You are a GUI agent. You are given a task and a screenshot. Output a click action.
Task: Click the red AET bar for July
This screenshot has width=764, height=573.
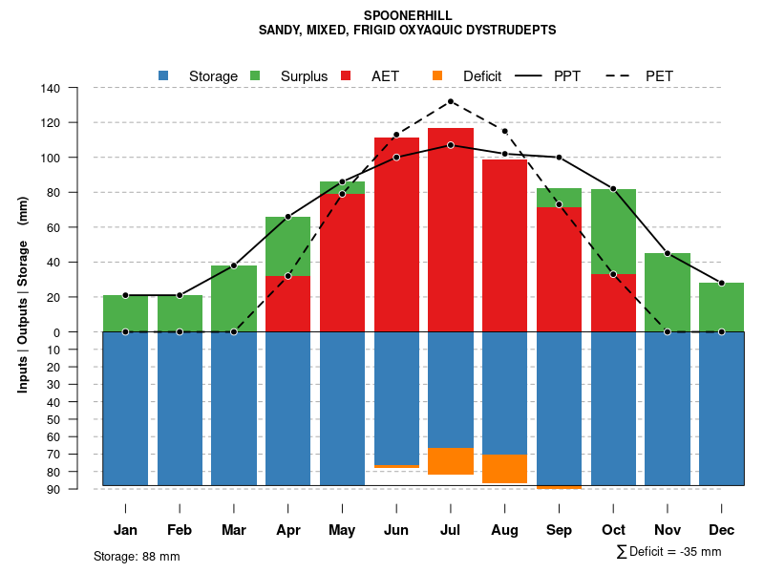pyautogui.click(x=451, y=229)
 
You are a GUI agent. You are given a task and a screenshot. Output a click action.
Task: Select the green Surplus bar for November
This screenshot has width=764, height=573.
pyautogui.click(x=667, y=292)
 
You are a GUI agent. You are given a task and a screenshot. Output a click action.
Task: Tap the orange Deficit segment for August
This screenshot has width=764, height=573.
pyautogui.click(x=505, y=469)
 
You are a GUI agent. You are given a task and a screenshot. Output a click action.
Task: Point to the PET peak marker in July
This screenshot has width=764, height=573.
pyautogui.click(x=451, y=101)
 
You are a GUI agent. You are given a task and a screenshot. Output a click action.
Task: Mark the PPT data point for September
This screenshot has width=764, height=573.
pyautogui.click(x=559, y=158)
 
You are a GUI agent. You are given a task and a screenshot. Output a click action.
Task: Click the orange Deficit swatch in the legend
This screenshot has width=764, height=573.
pyautogui.click(x=437, y=75)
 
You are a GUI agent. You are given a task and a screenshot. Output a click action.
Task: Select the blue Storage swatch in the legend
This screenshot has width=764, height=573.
pyautogui.click(x=163, y=75)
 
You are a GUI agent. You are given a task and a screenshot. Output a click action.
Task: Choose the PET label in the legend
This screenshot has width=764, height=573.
pyautogui.click(x=659, y=76)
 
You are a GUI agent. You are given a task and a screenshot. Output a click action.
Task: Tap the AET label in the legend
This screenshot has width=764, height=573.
pyautogui.click(x=386, y=76)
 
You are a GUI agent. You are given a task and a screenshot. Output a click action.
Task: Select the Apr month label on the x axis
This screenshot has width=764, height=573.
pyautogui.click(x=288, y=530)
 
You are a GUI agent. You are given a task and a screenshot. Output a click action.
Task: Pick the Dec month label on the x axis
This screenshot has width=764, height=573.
pyautogui.click(x=721, y=530)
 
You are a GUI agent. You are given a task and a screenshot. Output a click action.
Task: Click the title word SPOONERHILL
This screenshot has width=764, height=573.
pyautogui.click(x=408, y=15)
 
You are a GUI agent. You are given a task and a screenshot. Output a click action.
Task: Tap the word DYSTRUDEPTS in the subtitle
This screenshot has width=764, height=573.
pyautogui.click(x=512, y=30)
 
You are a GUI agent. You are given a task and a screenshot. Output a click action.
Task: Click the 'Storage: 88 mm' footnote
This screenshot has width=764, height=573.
pyautogui.click(x=137, y=556)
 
